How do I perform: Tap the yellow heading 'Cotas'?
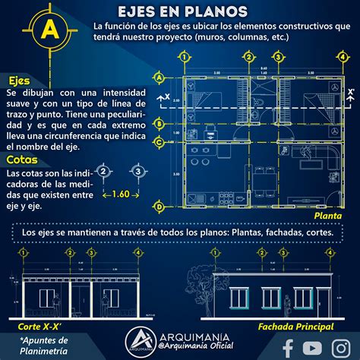22,160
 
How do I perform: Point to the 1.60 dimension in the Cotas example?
120,194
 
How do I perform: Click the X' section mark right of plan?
350,94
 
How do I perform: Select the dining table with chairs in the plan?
267,182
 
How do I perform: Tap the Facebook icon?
288,346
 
